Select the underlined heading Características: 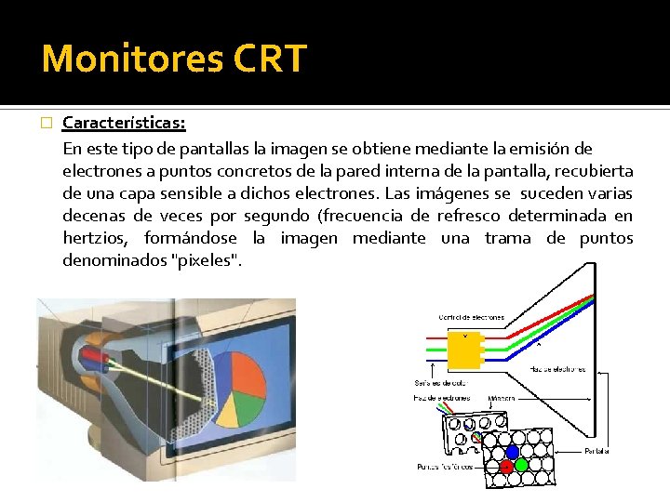(124, 124)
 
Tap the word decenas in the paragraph (90, 217)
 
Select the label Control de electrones (471, 317)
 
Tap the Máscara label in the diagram (502, 399)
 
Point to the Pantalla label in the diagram (596, 451)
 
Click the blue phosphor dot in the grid (512, 452)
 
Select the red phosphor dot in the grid (506, 466)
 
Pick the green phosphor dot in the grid (522, 465)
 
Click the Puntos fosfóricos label (446, 466)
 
